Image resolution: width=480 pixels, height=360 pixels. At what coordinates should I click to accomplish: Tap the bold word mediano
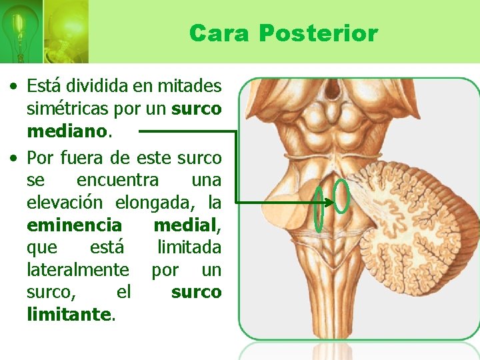66,131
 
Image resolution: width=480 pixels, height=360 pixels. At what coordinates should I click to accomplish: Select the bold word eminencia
75,225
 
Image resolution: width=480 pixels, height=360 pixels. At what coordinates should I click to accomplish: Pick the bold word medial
186,225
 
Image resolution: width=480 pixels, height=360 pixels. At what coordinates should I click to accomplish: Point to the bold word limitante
70,313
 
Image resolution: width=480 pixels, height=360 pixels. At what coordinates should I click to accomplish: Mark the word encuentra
118,180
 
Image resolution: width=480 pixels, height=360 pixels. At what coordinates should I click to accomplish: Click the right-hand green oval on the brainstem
341,197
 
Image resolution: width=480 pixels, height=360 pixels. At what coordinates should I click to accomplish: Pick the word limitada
189,247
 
